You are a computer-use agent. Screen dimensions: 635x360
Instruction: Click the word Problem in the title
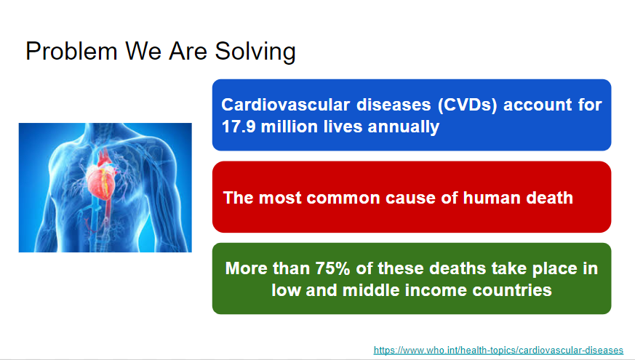click(x=71, y=52)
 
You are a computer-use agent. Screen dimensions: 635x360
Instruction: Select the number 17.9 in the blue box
click(x=239, y=127)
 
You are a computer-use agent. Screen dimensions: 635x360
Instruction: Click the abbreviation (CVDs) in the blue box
click(x=467, y=105)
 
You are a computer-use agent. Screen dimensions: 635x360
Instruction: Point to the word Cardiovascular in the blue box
click(x=286, y=105)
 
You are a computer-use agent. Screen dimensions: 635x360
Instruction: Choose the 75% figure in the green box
click(x=332, y=268)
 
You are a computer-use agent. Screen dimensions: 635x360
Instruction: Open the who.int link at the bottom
click(x=498, y=351)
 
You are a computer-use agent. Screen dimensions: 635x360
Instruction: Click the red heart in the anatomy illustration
click(x=100, y=182)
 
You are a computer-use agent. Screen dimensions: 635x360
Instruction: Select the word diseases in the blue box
click(x=394, y=105)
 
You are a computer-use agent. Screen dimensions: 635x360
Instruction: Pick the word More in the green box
click(x=247, y=268)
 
